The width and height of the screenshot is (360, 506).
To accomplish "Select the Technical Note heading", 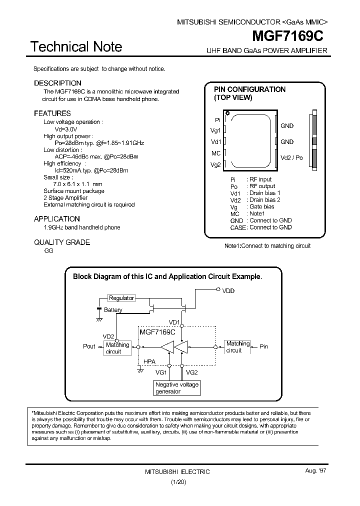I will [76, 47].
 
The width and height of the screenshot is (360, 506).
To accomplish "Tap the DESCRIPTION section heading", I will [57, 83].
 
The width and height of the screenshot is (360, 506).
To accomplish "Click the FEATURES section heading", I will [52, 113].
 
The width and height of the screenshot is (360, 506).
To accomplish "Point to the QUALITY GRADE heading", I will [62, 242].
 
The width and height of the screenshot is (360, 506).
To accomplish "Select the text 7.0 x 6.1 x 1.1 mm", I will [74, 184].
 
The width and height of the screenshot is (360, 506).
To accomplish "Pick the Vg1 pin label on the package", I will [215, 131].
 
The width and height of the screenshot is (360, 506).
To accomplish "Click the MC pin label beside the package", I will [216, 153].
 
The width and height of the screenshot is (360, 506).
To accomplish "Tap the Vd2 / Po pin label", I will [291, 157].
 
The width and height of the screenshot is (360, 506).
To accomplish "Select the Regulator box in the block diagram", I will [121, 298].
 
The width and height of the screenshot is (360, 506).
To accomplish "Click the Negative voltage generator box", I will [177, 388].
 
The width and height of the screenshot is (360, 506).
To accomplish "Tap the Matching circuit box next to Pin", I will [237, 347].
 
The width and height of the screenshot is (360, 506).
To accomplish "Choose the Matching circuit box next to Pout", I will [117, 348].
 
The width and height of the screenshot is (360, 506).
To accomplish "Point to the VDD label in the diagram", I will [228, 290].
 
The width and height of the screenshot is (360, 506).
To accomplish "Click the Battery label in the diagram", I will [113, 310].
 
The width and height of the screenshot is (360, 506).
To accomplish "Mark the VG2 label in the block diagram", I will [191, 372].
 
